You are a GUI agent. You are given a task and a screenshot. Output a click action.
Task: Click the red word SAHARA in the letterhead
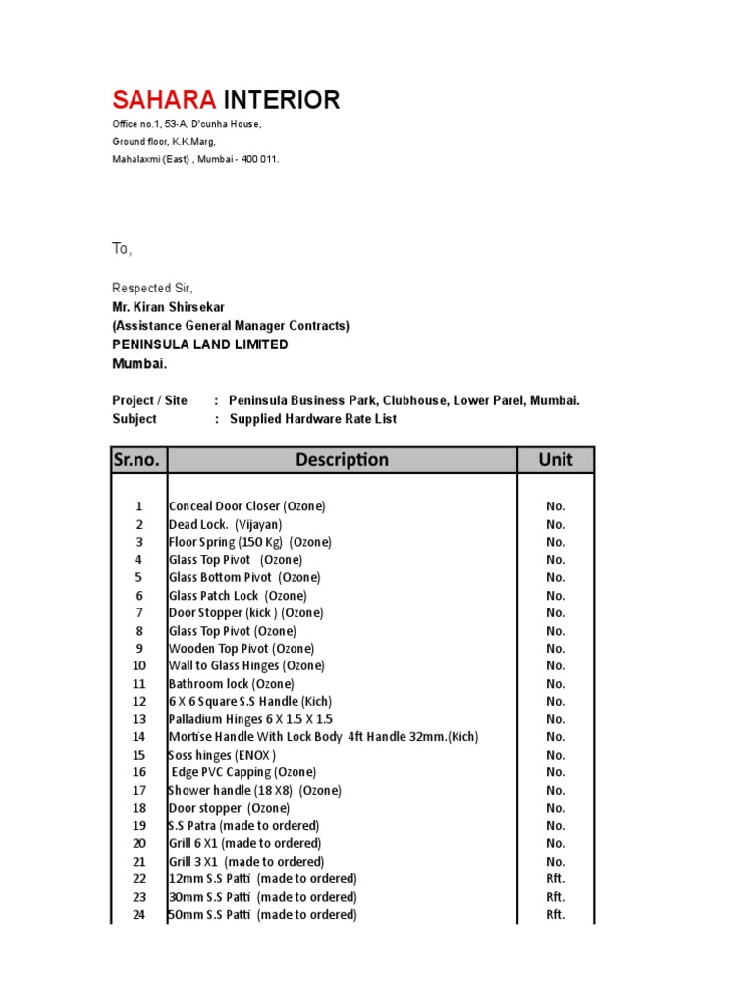point(165,100)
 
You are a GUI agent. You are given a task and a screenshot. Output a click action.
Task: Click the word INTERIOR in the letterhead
point(283,100)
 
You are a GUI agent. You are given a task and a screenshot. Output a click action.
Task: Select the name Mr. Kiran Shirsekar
point(168,307)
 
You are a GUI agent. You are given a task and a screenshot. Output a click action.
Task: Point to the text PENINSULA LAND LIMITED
point(200,344)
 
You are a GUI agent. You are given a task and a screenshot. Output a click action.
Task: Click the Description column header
point(342,459)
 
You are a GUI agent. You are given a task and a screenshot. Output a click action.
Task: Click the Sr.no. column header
point(138,459)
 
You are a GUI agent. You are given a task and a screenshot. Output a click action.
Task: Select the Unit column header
point(556,459)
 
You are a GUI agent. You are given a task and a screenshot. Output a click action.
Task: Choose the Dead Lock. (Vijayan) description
point(225,524)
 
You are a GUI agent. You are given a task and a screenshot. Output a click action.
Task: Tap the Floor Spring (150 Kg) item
point(250,542)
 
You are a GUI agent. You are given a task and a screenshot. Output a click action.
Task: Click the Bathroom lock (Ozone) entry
point(231,684)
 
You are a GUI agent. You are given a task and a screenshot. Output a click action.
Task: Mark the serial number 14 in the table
point(138,737)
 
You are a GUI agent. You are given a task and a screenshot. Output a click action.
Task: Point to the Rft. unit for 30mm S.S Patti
point(556,897)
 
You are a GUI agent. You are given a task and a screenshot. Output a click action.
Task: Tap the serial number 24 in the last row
point(138,915)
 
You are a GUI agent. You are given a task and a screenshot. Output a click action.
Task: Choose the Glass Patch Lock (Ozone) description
point(238,595)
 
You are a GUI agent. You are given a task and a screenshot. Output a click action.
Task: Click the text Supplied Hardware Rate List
point(313,419)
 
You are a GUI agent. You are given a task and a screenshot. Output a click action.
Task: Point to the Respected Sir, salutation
point(153,289)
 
